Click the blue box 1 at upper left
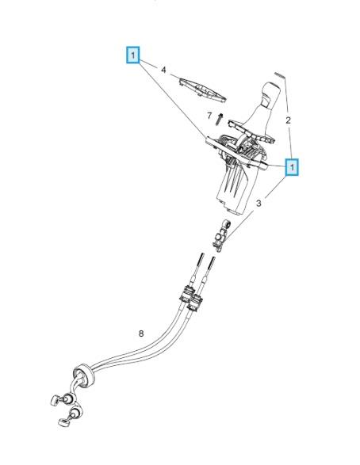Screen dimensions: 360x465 pyautogui.click(x=132, y=55)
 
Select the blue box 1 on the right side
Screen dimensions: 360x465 pyautogui.click(x=292, y=167)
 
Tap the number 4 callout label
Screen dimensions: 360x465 pyautogui.click(x=163, y=70)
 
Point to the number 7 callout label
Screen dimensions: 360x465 pyautogui.click(x=209, y=116)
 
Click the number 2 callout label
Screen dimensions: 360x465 pyautogui.click(x=288, y=120)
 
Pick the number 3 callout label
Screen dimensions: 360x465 pyautogui.click(x=259, y=203)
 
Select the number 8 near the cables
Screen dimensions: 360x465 pyautogui.click(x=141, y=334)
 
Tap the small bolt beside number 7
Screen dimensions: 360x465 pyautogui.click(x=220, y=119)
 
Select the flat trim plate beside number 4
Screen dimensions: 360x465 pyautogui.click(x=203, y=90)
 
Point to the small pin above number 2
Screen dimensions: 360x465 pyautogui.click(x=280, y=75)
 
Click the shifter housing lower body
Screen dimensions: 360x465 pyautogui.click(x=233, y=189)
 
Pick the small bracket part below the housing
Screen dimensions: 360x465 pyautogui.click(x=221, y=236)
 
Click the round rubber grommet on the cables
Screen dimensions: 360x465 pyautogui.click(x=83, y=376)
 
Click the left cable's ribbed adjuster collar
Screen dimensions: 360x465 pyautogui.click(x=186, y=294)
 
